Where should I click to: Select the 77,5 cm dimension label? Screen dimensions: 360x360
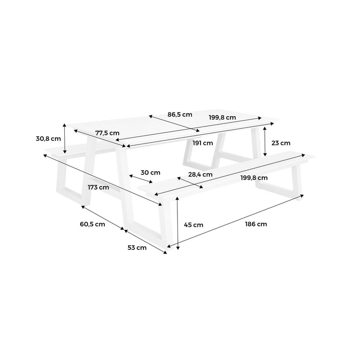pos(107,133)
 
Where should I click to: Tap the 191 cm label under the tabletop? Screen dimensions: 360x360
pos(203,143)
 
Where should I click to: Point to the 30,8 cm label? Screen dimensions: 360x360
pos(49,138)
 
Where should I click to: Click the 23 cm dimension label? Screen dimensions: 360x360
pos(281,143)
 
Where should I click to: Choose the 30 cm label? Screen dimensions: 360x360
pos(151,172)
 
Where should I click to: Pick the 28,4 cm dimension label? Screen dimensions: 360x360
pos(200,174)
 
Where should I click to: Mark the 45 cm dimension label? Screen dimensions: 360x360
pos(193,225)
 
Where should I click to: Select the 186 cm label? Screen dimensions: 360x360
pos(256,224)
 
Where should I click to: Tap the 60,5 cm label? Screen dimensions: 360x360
pos(93,224)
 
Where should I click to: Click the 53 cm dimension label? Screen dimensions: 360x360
pos(137,248)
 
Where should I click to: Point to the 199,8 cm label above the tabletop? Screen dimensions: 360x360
pos(222,117)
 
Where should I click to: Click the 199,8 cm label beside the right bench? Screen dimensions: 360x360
pos(254,177)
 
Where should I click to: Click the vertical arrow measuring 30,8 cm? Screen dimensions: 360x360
pos(65,139)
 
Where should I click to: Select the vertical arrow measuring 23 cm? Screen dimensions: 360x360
pos(264,142)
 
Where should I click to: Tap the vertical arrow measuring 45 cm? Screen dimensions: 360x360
pos(177,224)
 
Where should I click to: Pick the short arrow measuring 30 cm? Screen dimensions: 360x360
pos(140,179)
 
